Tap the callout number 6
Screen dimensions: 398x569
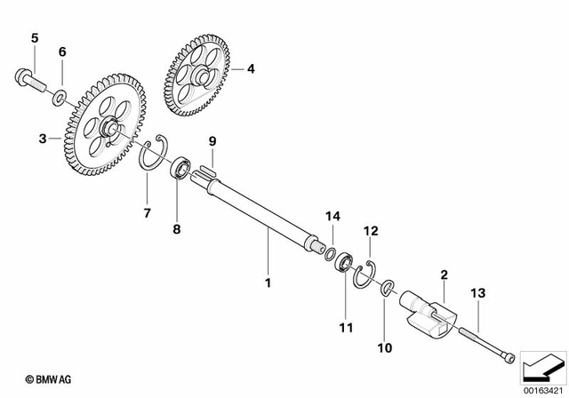click(x=62, y=52)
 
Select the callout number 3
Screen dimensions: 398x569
click(x=42, y=139)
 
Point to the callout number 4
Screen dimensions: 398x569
click(x=250, y=68)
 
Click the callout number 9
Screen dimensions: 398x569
click(x=212, y=141)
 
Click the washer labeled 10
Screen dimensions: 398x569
click(x=388, y=289)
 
